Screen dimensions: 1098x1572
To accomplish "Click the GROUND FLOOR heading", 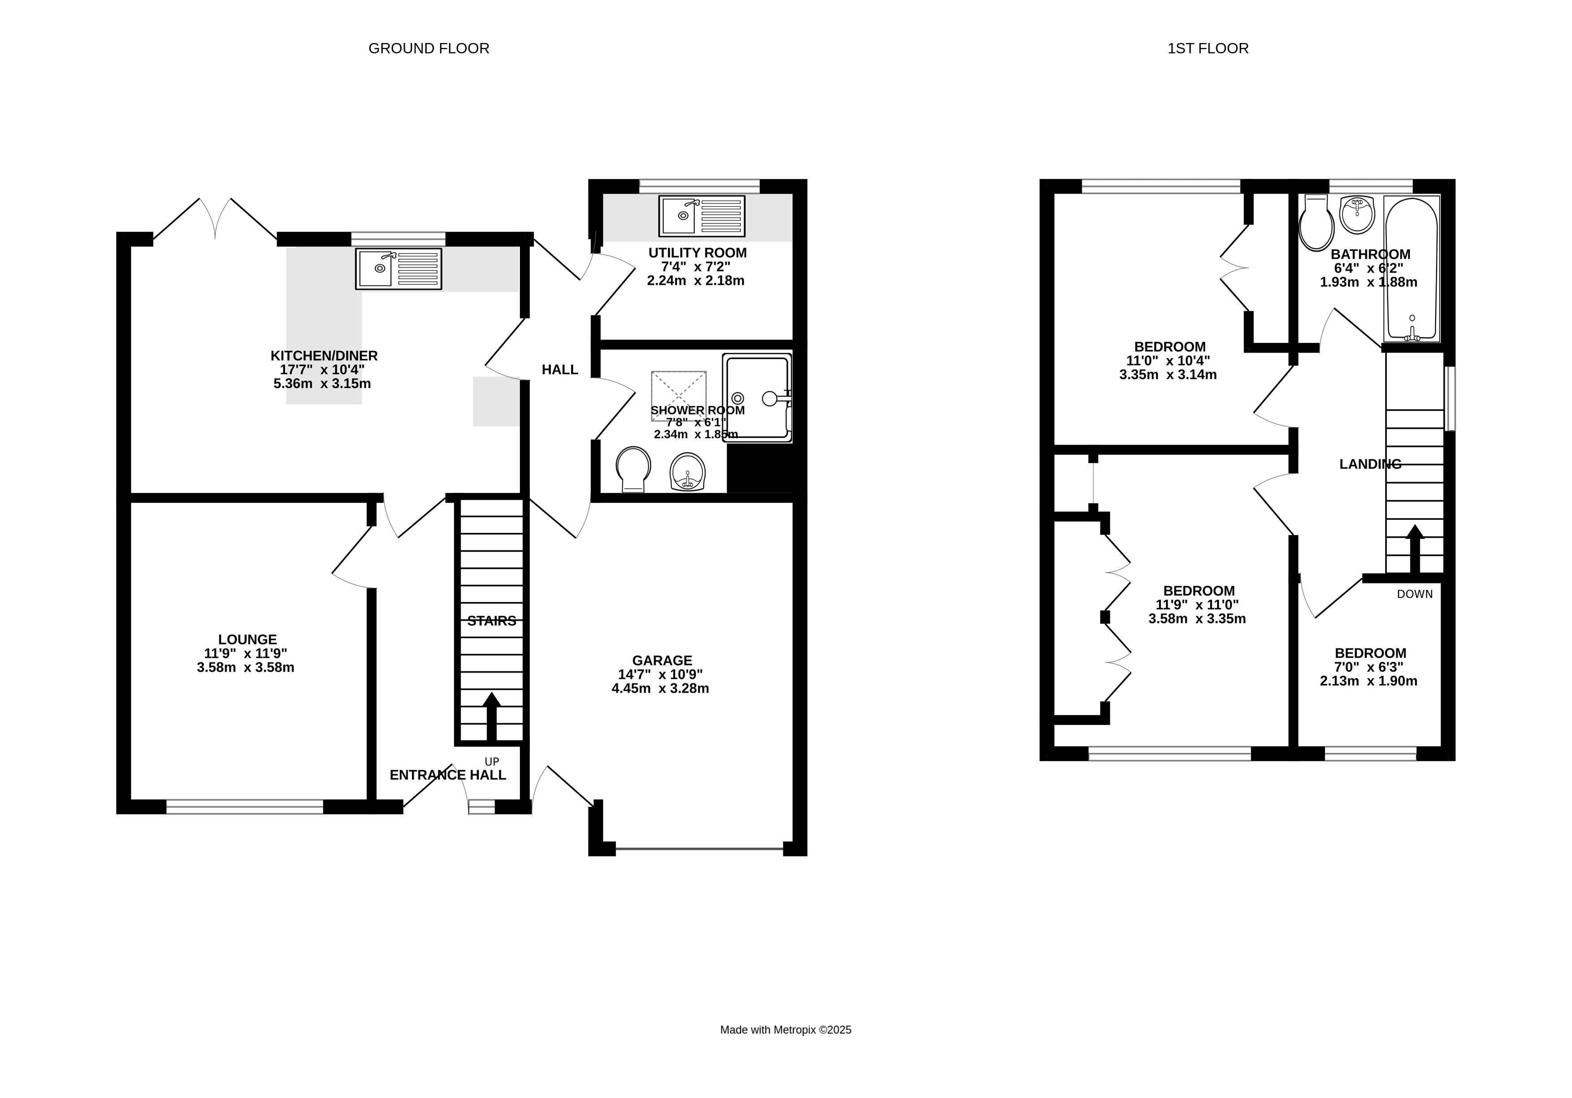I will (429, 48).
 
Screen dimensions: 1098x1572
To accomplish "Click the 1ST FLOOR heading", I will (1208, 48).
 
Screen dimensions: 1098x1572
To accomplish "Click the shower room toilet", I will (632, 469).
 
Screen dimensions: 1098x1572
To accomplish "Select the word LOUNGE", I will (247, 640).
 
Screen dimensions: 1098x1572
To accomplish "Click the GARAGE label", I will (662, 660).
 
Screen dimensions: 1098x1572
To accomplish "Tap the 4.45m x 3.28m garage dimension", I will (660, 688).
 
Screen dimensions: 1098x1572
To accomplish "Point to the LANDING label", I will (1370, 464).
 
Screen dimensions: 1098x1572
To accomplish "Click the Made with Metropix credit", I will (785, 1029).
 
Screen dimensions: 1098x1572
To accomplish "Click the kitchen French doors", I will (215, 219).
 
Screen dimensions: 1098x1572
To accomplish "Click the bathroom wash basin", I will (1356, 214).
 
